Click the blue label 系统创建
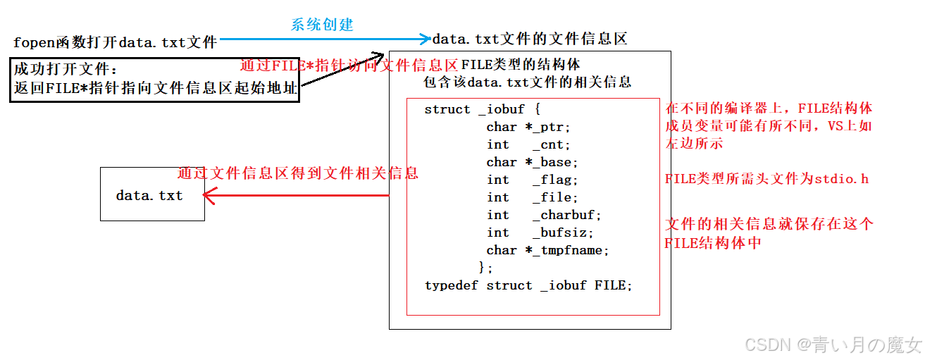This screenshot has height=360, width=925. [x=322, y=25]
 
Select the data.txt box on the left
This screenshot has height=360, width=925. [x=152, y=194]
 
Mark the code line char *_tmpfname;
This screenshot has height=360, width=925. [x=547, y=250]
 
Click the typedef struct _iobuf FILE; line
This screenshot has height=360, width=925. [x=528, y=285]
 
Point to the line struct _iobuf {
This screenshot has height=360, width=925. [x=483, y=109]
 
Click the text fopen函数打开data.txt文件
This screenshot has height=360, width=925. [x=115, y=42]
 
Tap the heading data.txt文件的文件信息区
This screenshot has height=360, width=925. [x=529, y=39]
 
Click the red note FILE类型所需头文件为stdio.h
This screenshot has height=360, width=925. [x=766, y=179]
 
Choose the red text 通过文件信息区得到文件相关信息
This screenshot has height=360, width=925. [x=297, y=173]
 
